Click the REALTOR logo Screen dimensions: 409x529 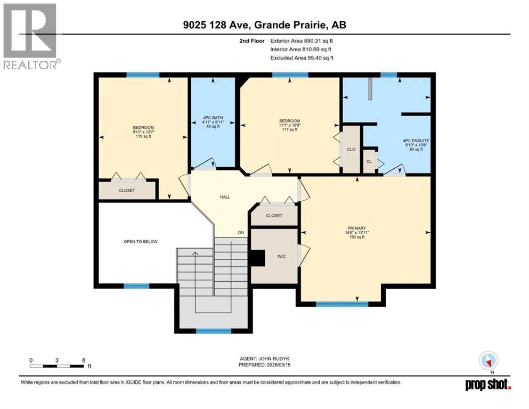tap(30, 36)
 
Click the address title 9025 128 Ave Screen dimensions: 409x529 tap(264, 25)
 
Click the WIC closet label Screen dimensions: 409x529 tap(282, 256)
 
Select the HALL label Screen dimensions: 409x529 tap(225, 197)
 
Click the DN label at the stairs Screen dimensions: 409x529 tap(241, 233)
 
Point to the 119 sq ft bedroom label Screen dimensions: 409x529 tap(143, 132)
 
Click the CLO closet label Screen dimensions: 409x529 tap(351, 150)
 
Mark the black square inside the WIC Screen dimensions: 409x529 tap(258, 258)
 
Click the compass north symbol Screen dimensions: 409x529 tap(488, 361)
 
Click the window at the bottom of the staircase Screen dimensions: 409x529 tap(213, 331)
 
